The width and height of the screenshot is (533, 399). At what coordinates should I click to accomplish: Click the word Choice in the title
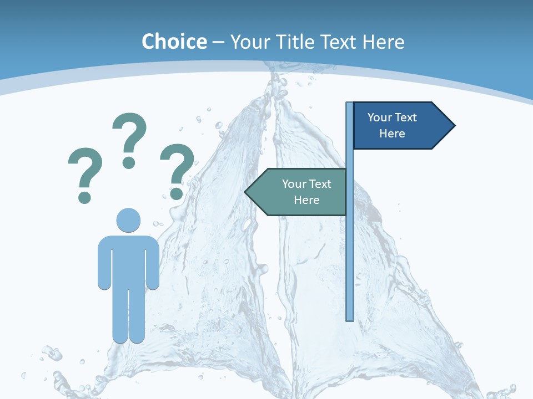[174, 42]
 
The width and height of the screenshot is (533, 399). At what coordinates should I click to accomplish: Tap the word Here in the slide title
[383, 42]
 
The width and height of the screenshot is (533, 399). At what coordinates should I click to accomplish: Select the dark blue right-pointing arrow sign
[400, 126]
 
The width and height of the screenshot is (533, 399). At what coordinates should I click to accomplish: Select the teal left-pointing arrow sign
[300, 192]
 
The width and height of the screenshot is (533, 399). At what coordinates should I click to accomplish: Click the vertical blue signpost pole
[350, 249]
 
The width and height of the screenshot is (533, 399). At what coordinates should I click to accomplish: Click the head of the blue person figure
[128, 220]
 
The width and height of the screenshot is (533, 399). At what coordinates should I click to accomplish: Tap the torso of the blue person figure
[128, 260]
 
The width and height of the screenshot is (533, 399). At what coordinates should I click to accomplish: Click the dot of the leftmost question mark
[84, 197]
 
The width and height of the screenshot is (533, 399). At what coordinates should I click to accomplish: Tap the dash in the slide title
[219, 43]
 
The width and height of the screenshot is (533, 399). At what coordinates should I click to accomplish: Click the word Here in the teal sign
[306, 200]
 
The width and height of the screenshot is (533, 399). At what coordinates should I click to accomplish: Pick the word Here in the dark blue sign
[392, 134]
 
